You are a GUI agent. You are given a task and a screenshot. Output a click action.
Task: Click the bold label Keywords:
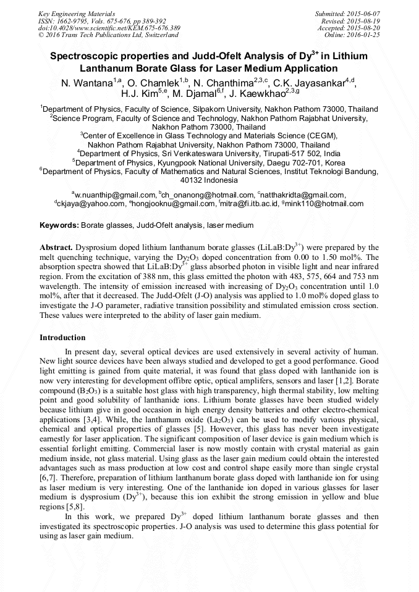point(59,225)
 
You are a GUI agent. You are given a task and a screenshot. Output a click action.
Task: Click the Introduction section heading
point(62,338)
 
